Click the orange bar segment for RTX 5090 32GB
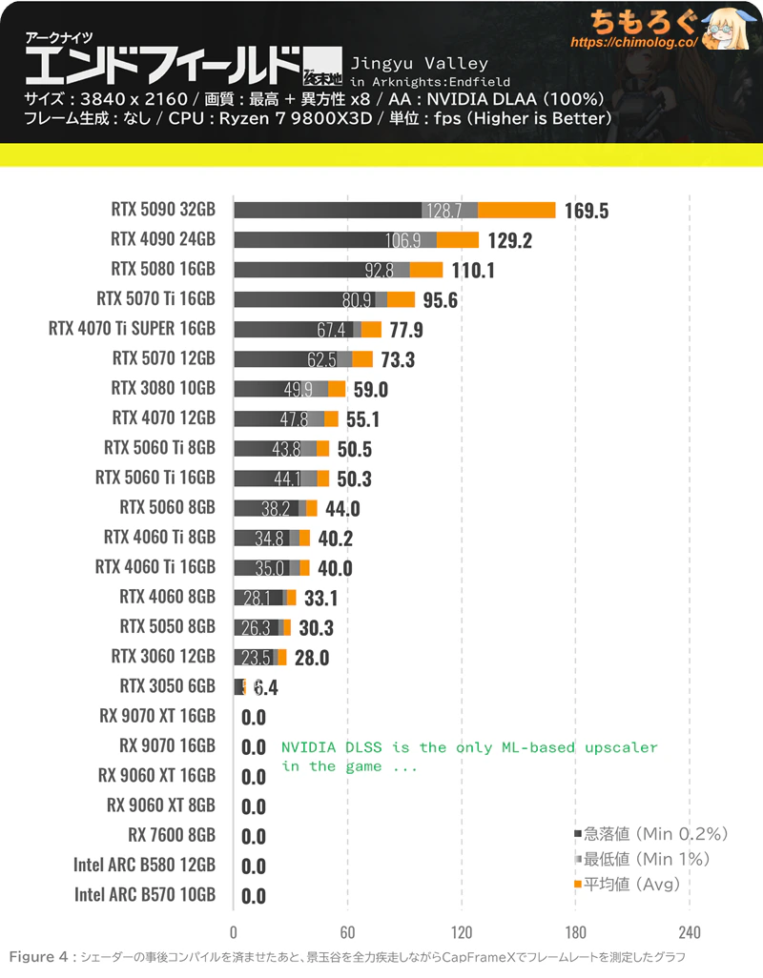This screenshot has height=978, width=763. tap(516, 210)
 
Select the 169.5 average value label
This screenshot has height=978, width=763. tap(586, 211)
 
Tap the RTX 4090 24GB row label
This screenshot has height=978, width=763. tap(163, 239)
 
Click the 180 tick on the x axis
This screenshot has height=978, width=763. tap(575, 931)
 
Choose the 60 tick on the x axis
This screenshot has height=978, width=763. tap(348, 931)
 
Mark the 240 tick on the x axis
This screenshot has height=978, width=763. tap(690, 931)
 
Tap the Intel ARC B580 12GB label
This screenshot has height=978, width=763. tap(144, 865)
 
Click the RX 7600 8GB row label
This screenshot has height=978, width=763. tap(172, 835)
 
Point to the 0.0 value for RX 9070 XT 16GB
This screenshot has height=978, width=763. tap(254, 718)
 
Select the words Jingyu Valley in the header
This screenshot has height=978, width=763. tap(420, 64)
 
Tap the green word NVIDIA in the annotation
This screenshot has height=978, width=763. tap(306, 747)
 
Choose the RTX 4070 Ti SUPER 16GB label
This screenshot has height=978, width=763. tap(132, 329)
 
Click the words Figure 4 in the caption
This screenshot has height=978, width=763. tap(38, 956)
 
